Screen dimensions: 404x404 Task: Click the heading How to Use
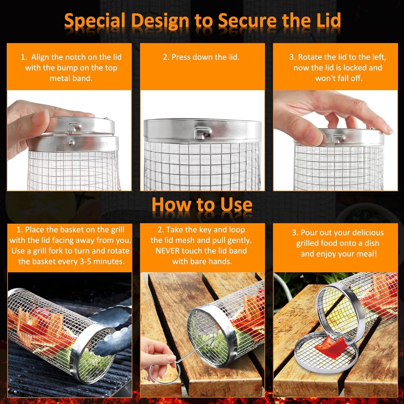(202, 205)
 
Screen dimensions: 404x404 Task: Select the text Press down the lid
(201, 57)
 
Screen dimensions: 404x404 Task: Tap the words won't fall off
(339, 78)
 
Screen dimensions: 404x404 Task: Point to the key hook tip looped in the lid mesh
(213, 339)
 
